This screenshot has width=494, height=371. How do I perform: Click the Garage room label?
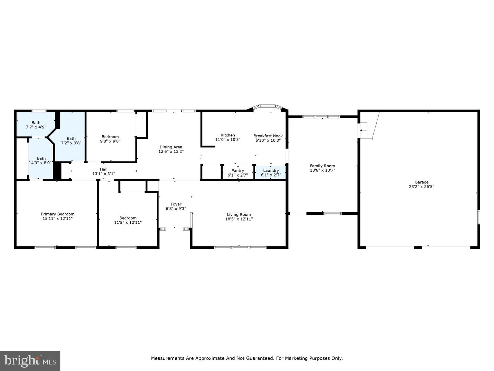click(421, 182)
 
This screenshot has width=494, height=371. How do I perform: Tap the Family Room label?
click(322, 166)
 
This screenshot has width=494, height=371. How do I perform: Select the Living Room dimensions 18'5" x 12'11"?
click(239, 219)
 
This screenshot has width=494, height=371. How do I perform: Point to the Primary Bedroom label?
click(58, 214)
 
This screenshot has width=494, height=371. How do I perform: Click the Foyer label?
click(176, 204)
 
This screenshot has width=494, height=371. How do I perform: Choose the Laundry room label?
click(271, 170)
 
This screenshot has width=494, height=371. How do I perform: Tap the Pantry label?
click(238, 170)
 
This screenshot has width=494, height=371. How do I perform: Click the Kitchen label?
click(228, 135)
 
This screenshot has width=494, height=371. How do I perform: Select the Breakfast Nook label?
click(268, 136)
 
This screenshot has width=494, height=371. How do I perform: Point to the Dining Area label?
click(171, 147)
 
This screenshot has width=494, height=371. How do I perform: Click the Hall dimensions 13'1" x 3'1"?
click(104, 174)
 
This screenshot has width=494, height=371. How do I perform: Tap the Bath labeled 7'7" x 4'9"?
click(36, 125)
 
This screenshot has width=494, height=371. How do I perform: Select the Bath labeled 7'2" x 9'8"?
click(71, 140)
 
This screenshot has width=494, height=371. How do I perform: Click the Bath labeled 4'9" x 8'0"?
click(41, 160)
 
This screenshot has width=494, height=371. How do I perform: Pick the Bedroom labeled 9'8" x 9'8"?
click(110, 139)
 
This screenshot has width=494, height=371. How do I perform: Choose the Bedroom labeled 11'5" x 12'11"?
click(128, 220)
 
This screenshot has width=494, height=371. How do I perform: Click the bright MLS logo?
click(30, 361)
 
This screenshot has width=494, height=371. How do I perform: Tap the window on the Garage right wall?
click(479, 217)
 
